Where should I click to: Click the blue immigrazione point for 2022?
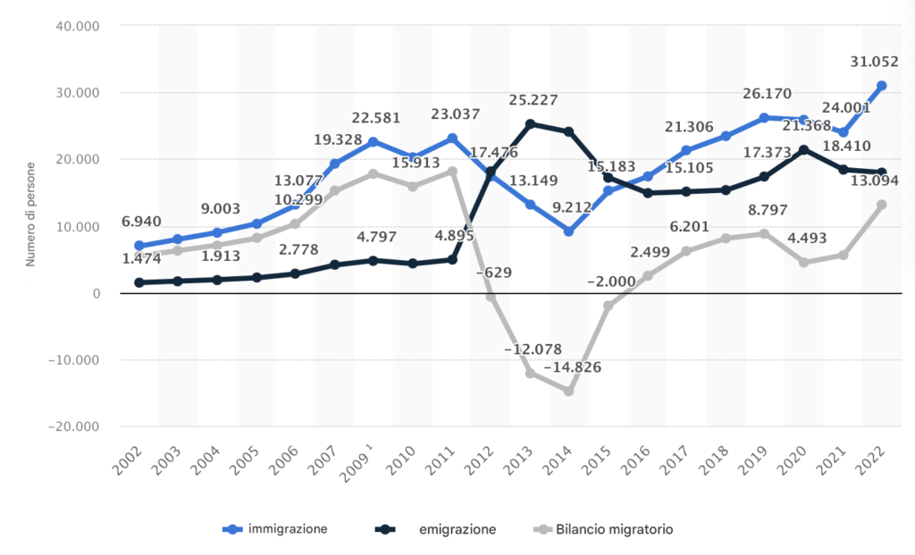point(882,86)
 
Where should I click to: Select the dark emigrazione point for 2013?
point(530,124)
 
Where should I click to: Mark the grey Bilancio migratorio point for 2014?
point(568,391)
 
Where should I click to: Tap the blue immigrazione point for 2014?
point(568,231)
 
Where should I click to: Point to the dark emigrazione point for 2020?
point(803,150)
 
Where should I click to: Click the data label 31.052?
point(876,62)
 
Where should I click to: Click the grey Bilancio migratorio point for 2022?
point(882,205)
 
